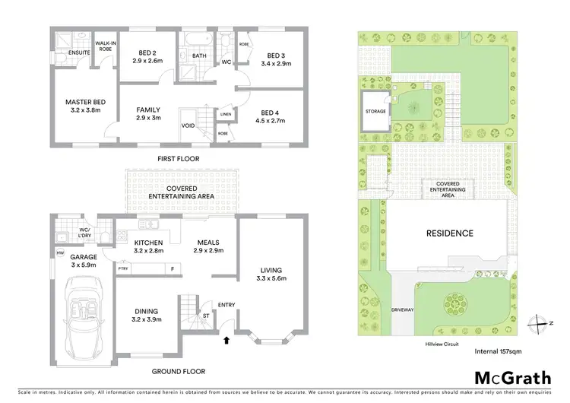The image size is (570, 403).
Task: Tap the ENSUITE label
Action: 79,52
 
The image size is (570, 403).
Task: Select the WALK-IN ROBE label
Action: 105,45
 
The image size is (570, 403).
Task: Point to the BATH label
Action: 199,56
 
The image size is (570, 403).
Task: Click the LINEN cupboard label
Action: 226,115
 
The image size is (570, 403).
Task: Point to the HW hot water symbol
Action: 60,252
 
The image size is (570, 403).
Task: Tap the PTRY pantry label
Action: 122,268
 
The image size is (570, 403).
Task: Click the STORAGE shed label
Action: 375,112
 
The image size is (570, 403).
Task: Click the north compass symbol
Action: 537,320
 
